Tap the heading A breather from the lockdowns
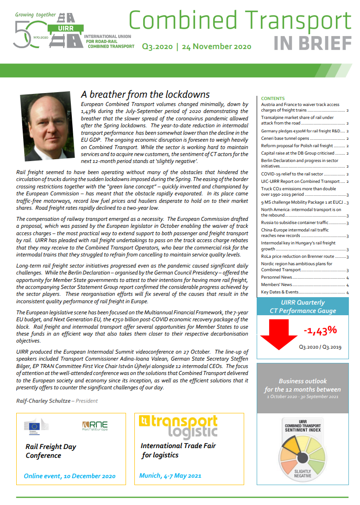pos(145,95)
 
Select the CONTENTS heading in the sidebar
pos(273,99)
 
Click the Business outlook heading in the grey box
pos(303,381)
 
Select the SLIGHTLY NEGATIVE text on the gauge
pos(303,474)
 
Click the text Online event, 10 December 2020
pos(69,476)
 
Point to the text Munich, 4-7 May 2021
pos(171,475)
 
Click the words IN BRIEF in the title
pos(313,43)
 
